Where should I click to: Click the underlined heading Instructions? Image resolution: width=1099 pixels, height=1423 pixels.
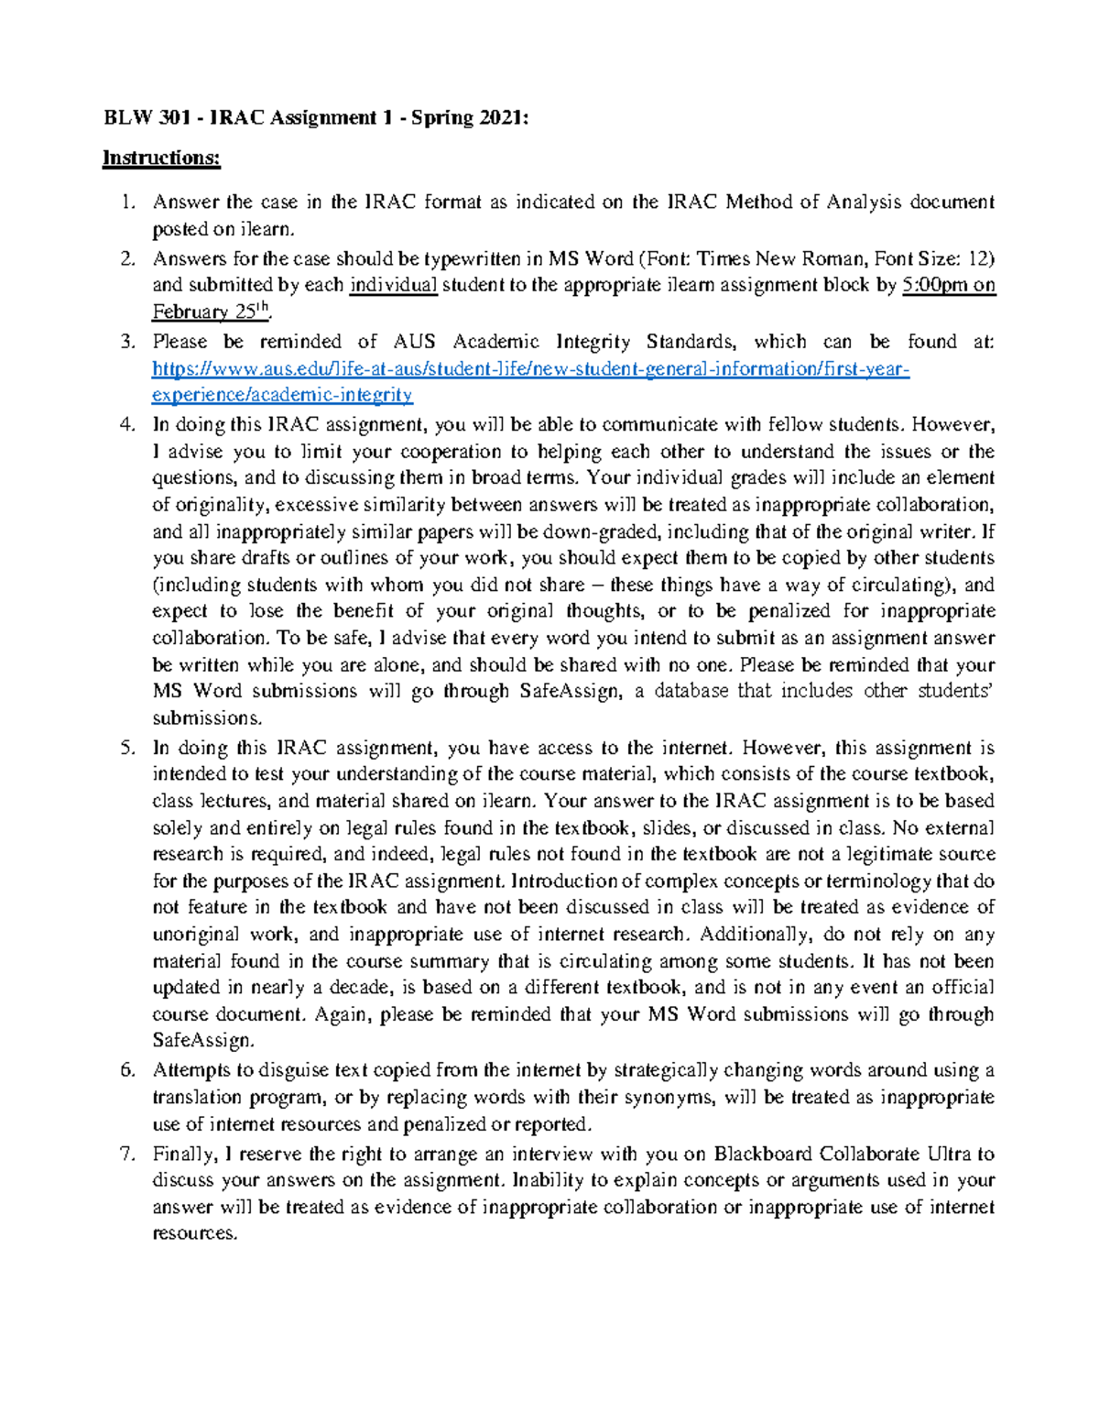click(x=161, y=158)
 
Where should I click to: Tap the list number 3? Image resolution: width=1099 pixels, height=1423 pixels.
click(x=127, y=342)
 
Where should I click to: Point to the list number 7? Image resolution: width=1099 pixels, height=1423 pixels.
click(x=127, y=1154)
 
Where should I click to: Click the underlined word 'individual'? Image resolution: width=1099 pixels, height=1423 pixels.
click(x=394, y=285)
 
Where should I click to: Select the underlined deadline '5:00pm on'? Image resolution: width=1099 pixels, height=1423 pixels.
click(x=948, y=285)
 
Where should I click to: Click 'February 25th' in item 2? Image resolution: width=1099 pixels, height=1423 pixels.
click(x=211, y=312)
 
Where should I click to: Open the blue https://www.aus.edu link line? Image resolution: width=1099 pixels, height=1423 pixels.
click(x=531, y=369)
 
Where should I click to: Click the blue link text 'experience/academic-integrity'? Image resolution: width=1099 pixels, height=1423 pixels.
click(x=282, y=395)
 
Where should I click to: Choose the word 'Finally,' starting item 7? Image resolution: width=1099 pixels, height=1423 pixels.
click(x=184, y=1154)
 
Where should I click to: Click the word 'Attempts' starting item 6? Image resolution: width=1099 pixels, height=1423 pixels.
click(x=191, y=1070)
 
